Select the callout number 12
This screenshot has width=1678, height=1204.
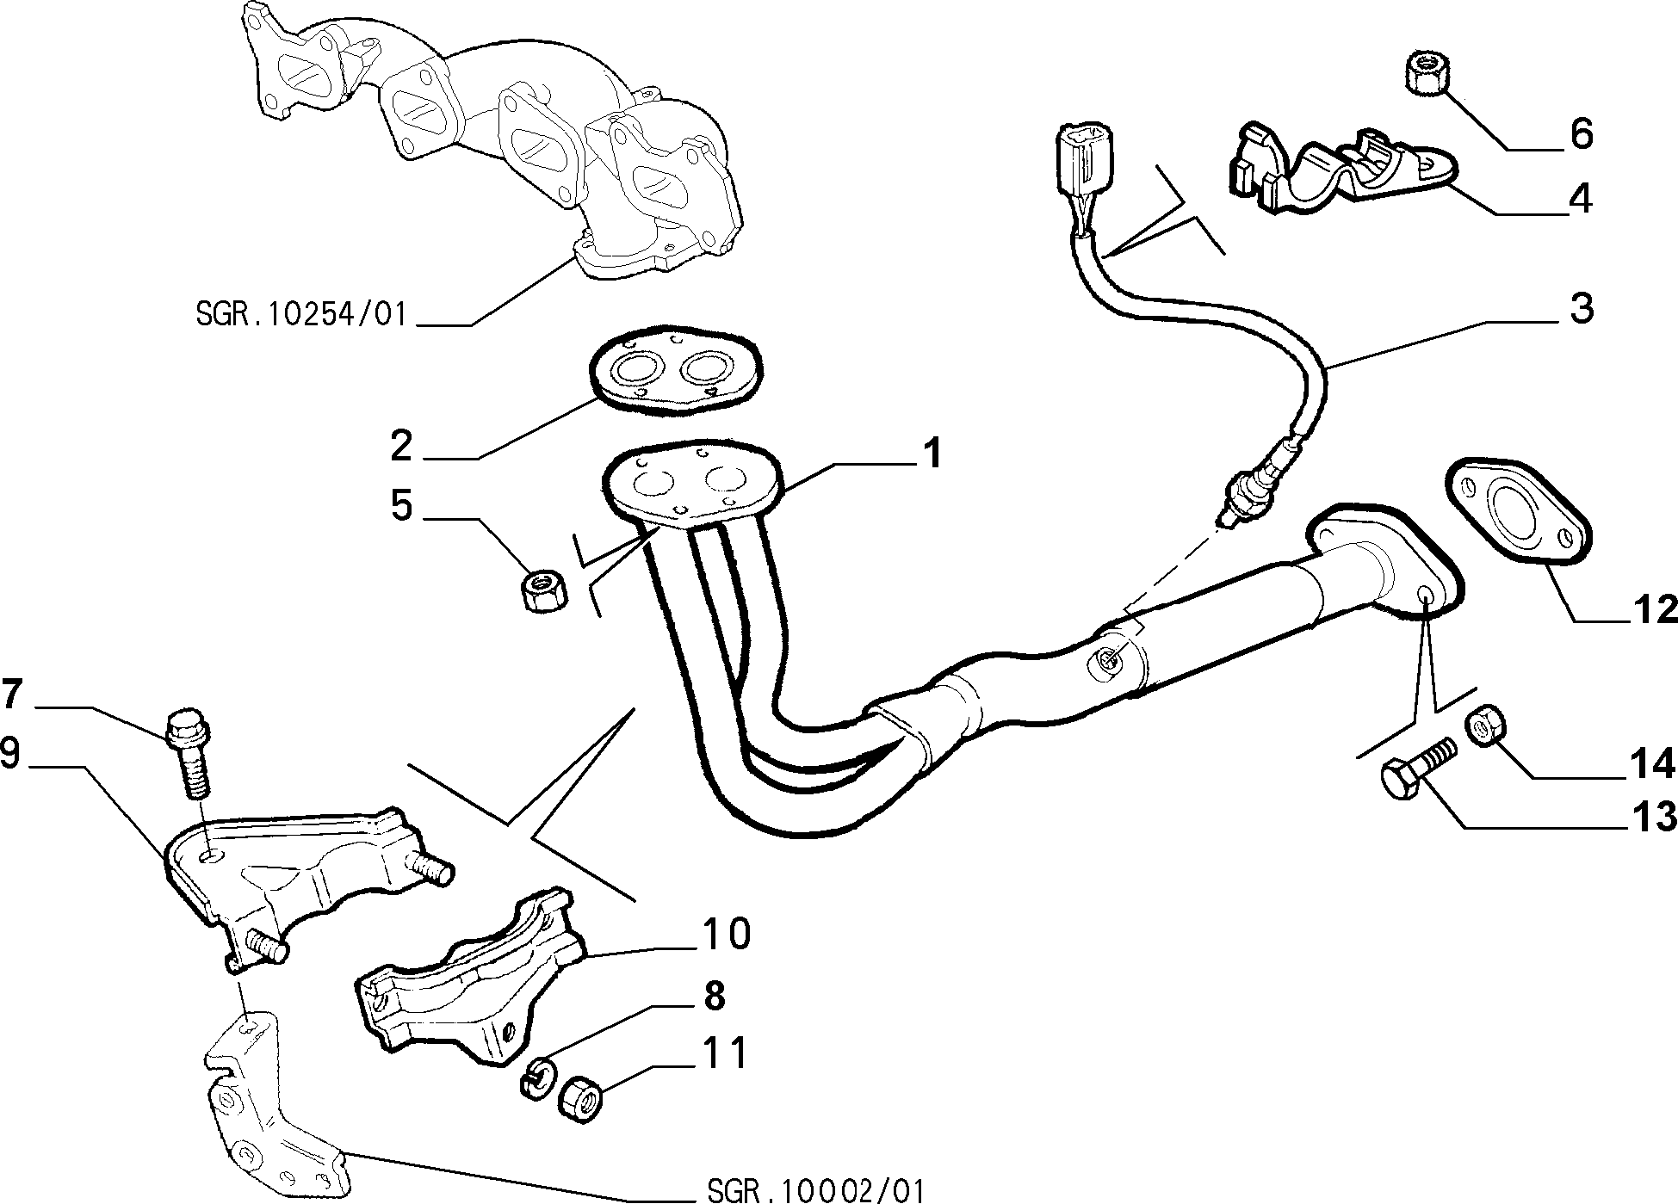1655,609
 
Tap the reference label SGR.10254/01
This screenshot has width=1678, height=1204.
300,314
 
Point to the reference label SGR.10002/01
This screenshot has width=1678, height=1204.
815,1190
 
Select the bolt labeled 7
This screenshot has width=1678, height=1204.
190,754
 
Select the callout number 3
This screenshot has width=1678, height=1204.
1582,308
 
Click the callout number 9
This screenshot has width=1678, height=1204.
9,753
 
